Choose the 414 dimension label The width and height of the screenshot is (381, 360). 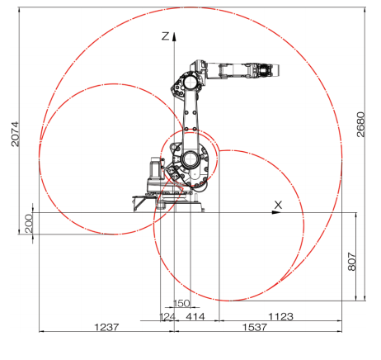[x=195, y=316]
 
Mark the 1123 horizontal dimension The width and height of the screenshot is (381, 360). [x=280, y=316]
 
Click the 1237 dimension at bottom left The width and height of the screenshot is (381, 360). [x=106, y=327]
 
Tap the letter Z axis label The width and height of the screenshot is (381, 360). [x=166, y=36]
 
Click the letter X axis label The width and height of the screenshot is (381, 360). [x=278, y=204]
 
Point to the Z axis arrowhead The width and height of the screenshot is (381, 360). [x=175, y=32]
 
